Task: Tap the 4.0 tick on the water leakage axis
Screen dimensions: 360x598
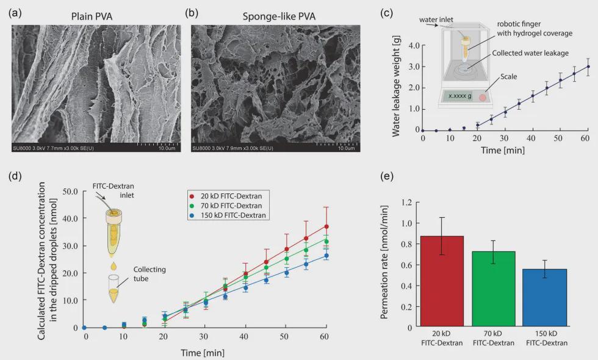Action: [x=412, y=45]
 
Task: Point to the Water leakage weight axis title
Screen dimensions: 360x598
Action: [x=395, y=87]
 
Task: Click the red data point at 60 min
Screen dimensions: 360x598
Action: [x=326, y=226]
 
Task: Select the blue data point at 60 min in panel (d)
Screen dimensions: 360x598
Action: [x=326, y=256]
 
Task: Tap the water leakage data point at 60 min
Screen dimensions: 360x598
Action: [x=588, y=67]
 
